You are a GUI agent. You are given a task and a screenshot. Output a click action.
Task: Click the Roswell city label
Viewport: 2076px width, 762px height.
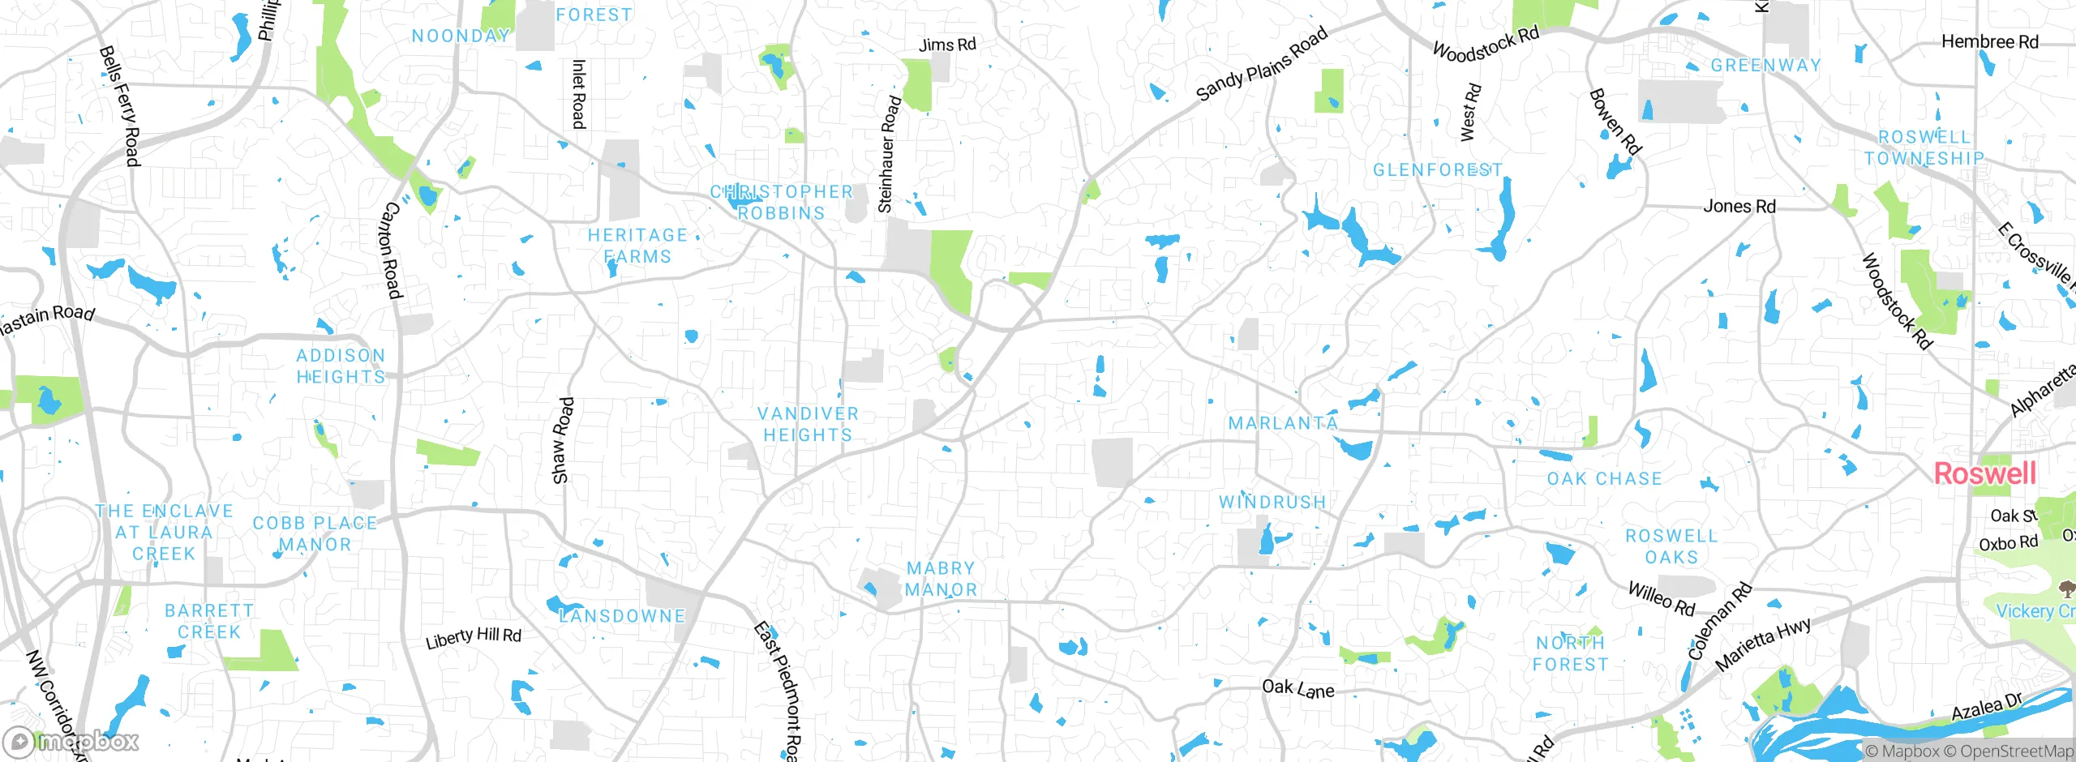[x=1984, y=473]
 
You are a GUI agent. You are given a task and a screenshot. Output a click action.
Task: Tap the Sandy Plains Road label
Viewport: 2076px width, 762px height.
[x=1262, y=63]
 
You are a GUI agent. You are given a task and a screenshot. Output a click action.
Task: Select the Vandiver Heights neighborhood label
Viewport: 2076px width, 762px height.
[x=808, y=424]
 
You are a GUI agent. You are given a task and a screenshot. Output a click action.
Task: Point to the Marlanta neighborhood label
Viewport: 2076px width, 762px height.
[x=1283, y=423]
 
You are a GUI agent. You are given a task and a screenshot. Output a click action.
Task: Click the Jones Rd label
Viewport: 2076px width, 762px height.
[x=1739, y=206]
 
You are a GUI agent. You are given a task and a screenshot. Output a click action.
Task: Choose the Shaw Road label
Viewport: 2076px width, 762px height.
[x=562, y=440]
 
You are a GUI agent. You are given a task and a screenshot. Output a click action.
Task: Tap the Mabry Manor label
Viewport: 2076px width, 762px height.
[x=941, y=579]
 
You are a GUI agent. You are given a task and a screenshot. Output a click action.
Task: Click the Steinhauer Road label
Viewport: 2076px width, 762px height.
[x=889, y=154]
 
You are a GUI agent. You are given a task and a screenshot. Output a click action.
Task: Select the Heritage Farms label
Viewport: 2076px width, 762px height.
[x=637, y=245]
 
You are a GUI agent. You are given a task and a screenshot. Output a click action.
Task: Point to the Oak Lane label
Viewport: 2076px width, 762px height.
[x=1297, y=689]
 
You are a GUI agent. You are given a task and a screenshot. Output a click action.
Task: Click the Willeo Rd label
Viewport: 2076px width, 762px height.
[x=1662, y=598]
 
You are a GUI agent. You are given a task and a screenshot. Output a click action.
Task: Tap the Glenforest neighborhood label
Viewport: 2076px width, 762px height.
[x=1437, y=170]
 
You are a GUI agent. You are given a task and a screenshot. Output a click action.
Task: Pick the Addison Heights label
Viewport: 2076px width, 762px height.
[x=341, y=366]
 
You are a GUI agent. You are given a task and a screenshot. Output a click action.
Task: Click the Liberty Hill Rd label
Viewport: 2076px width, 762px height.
[x=474, y=637]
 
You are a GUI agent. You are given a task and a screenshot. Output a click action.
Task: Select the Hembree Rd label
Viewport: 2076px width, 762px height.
[x=1989, y=41]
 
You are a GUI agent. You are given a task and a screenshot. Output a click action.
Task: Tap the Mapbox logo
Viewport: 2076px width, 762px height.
[x=71, y=741]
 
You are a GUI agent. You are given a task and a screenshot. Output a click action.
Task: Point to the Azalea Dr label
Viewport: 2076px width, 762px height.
[x=1987, y=707]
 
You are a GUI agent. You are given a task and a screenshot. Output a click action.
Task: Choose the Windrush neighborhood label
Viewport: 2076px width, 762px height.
[x=1272, y=503]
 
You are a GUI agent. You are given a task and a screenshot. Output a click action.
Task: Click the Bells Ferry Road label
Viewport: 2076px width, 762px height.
[x=119, y=105]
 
